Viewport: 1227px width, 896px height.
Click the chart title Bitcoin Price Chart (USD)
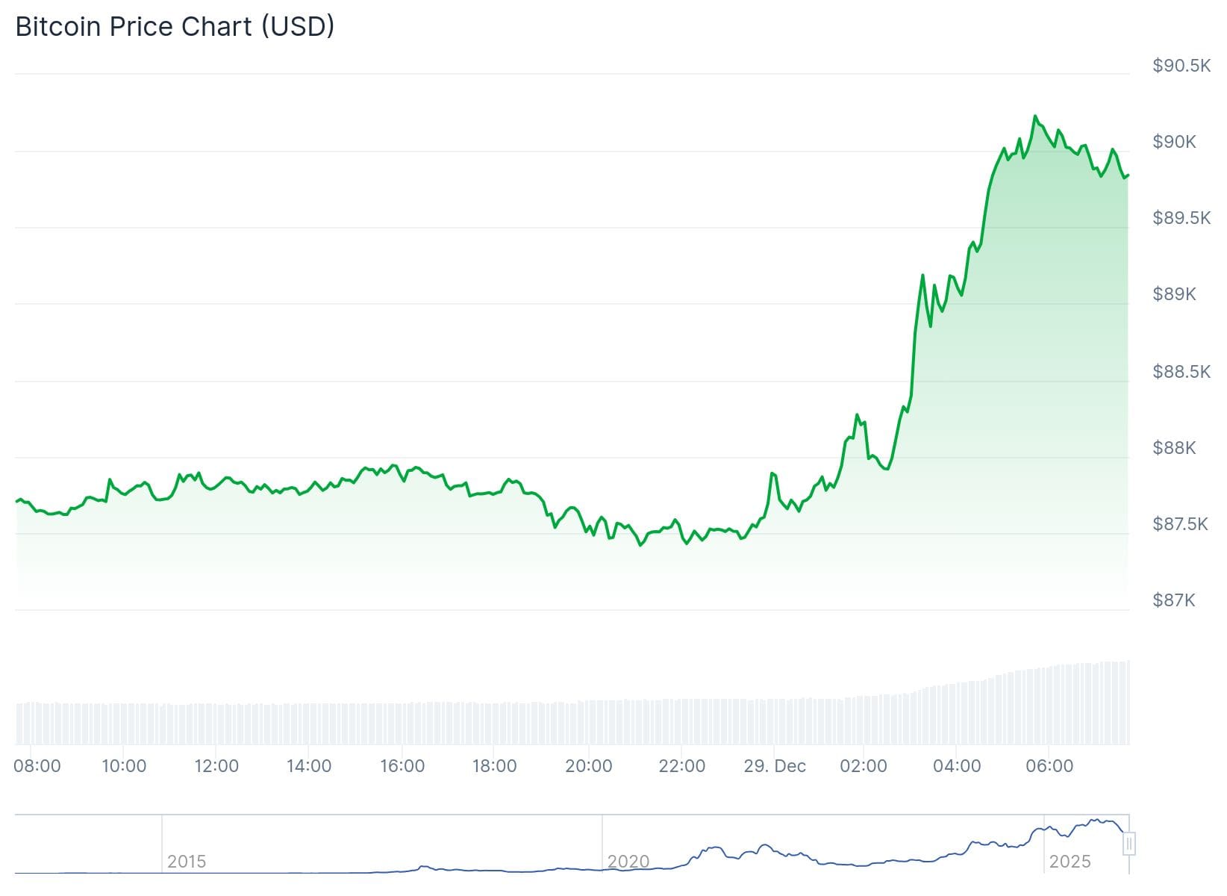pyautogui.click(x=175, y=27)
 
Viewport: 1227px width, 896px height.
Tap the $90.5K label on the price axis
pyautogui.click(x=1181, y=66)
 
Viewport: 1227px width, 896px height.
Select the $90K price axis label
pyautogui.click(x=1174, y=142)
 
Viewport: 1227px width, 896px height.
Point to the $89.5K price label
pyautogui.click(x=1181, y=218)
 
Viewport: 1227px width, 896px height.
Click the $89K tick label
pyautogui.click(x=1174, y=294)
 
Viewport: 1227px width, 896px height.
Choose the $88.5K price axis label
pyautogui.click(x=1181, y=371)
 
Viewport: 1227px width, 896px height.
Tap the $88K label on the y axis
pyautogui.click(x=1174, y=447)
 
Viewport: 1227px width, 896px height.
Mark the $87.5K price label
pyautogui.click(x=1181, y=524)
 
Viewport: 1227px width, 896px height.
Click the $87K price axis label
pyautogui.click(x=1174, y=600)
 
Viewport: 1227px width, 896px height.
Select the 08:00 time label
pyautogui.click(x=37, y=766)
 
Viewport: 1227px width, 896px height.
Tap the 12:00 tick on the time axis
pyautogui.click(x=216, y=766)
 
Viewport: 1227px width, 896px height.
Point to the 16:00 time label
pyautogui.click(x=402, y=766)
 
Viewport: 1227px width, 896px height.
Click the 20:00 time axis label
pyautogui.click(x=589, y=766)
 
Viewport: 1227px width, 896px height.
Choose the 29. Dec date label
pyautogui.click(x=775, y=766)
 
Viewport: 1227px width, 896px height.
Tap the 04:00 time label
pyautogui.click(x=957, y=766)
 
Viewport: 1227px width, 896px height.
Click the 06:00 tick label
pyautogui.click(x=1049, y=766)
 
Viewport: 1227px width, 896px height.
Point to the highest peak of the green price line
pyautogui.click(x=1034, y=116)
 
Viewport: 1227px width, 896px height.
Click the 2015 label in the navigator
pyautogui.click(x=187, y=862)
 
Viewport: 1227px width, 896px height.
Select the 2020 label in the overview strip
pyautogui.click(x=628, y=862)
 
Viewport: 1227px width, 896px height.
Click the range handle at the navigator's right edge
pyautogui.click(x=1129, y=844)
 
